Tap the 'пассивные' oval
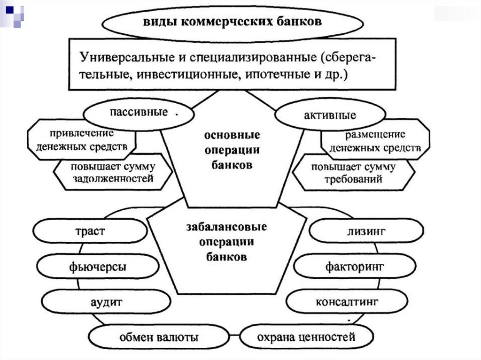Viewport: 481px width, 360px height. point(138,113)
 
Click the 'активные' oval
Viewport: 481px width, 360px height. point(330,115)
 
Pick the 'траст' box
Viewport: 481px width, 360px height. point(90,231)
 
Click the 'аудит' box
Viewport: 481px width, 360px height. point(106,302)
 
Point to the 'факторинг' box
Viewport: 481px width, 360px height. point(348,267)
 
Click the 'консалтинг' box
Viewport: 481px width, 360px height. point(347,301)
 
